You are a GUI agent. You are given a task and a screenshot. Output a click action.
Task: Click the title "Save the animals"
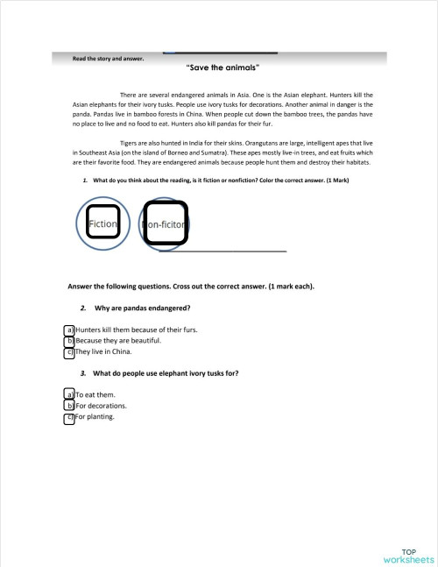[x=223, y=67]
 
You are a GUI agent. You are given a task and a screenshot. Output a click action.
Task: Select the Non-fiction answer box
[x=165, y=223]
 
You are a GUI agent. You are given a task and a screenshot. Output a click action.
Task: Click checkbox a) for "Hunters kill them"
[x=69, y=330]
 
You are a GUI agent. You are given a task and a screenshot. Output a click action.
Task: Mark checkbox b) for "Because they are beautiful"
[x=69, y=342]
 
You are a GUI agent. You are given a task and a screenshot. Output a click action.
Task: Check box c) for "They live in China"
[x=69, y=352]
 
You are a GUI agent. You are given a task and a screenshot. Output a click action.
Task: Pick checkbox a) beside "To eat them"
[x=69, y=395]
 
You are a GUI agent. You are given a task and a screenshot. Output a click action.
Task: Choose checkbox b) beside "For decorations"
[x=69, y=407]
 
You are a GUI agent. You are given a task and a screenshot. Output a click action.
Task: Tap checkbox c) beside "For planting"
[x=69, y=418]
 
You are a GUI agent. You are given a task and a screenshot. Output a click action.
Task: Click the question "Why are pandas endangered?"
[x=143, y=308]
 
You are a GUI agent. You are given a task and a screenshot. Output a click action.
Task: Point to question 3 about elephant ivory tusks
[x=166, y=373]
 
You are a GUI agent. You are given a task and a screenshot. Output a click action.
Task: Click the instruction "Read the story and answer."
[x=109, y=59]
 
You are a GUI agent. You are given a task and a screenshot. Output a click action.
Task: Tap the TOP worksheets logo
[x=407, y=555]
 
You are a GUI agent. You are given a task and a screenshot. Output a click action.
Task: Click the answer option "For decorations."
[x=102, y=407]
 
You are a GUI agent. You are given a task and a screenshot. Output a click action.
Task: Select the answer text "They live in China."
[x=103, y=352]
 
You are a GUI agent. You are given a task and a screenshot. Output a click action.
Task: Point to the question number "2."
[x=81, y=308]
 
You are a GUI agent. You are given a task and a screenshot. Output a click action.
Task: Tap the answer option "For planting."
[x=95, y=417]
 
